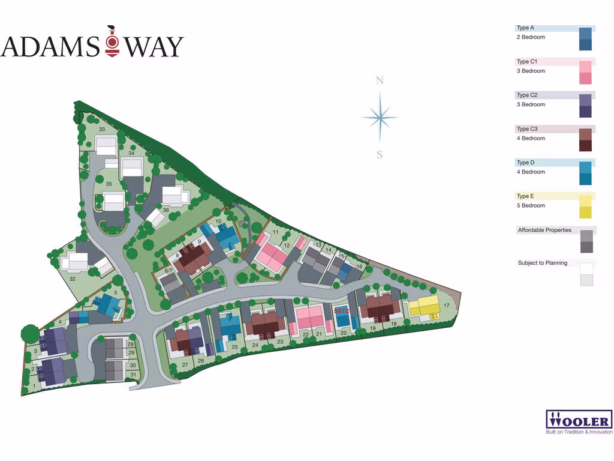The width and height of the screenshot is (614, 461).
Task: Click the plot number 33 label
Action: pos(102,130)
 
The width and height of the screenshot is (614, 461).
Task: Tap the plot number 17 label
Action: pos(446,306)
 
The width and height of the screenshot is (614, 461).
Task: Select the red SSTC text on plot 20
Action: pos(341,311)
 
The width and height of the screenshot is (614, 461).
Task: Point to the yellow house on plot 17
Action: pos(425,307)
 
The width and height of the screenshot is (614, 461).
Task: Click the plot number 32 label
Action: pos(73,279)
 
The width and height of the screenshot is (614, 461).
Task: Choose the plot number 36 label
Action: pos(165,210)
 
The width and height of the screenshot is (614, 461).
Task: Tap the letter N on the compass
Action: pos(380,81)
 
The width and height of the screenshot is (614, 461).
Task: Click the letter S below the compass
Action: pos(380,155)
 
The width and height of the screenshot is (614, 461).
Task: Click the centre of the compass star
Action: pos(380,118)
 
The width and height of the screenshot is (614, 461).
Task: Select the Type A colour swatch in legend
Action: pos(585,39)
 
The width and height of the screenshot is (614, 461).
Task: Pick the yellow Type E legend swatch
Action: pos(585,207)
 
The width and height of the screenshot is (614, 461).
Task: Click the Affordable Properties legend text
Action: pos(544,230)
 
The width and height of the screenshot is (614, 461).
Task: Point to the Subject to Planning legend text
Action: pos(542,263)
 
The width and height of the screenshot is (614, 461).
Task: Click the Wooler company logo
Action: pos(579,422)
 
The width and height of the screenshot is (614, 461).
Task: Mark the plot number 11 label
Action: pos(275,232)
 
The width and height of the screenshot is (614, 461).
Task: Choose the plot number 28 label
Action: pos(131,344)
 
